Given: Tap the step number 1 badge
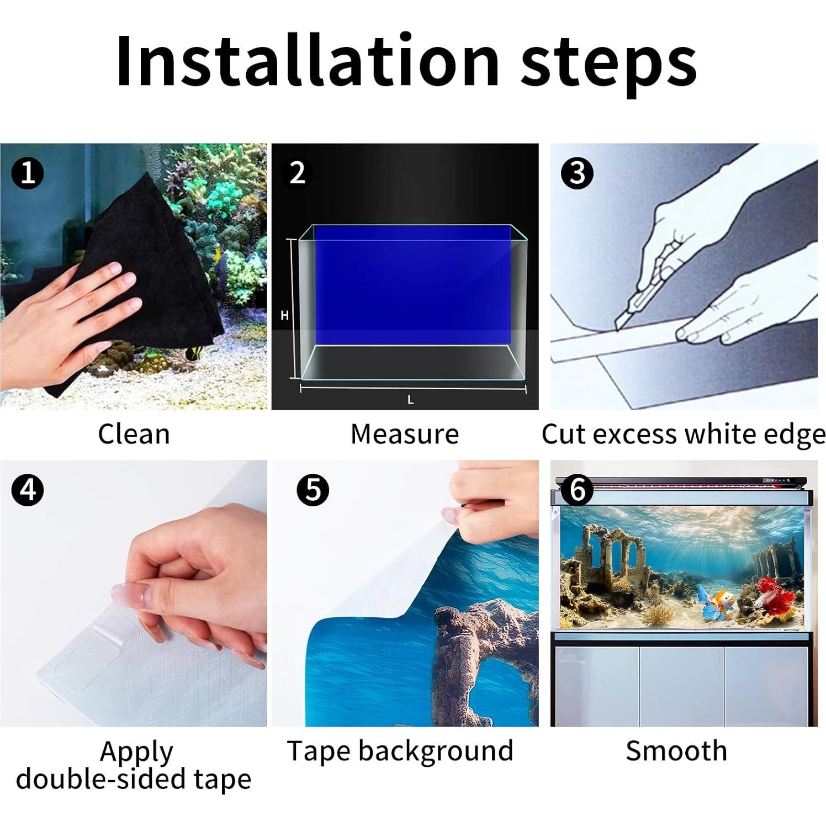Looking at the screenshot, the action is click(x=28, y=173).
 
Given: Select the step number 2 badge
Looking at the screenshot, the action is click(x=297, y=173).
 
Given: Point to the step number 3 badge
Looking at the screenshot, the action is click(x=577, y=173).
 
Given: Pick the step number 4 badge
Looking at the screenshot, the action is click(x=28, y=490).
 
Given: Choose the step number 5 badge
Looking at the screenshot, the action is click(x=313, y=490).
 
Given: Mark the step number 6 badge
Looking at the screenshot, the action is click(x=577, y=490).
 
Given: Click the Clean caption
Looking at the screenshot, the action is click(x=134, y=434).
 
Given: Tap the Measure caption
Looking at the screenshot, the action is click(x=405, y=434).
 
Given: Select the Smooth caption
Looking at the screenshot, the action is click(x=676, y=751).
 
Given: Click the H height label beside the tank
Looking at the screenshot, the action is click(x=284, y=315).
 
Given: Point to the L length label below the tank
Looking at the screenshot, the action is click(x=410, y=400).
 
